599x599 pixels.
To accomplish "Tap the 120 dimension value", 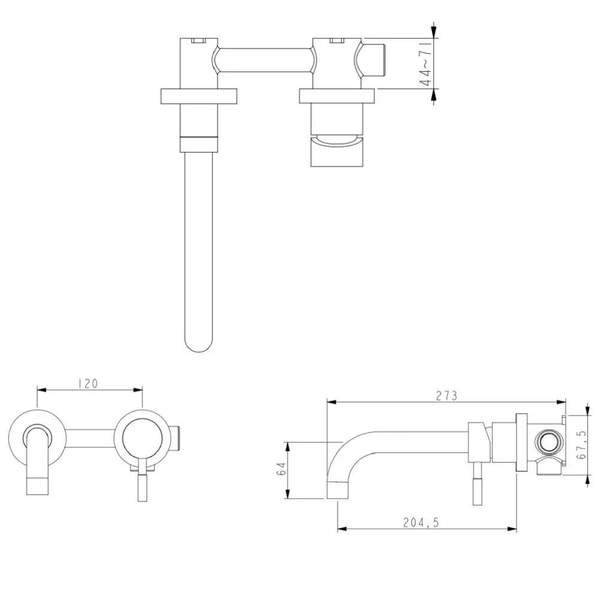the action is tap(88, 383).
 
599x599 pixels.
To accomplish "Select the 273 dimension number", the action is tap(447, 396).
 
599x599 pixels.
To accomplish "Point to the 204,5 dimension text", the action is tap(421, 522).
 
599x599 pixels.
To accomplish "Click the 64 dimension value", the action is tap(281, 469).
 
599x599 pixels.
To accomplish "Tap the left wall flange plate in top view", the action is tap(199, 96).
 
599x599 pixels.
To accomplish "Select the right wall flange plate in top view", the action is tap(337, 96).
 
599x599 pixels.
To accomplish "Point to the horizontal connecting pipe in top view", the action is tap(265, 60).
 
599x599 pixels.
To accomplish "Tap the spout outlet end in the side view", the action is tap(338, 490).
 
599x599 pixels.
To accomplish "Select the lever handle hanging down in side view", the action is tap(477, 483).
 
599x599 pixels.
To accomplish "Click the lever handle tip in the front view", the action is tap(142, 488).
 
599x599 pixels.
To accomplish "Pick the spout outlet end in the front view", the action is tap(37, 486).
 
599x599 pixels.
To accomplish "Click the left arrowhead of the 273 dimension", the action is tap(331, 402).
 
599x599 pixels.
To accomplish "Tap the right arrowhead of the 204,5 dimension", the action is tap(512, 529).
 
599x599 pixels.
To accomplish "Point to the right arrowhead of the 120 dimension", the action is tap(138, 390).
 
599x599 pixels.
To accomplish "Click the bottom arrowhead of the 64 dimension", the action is tap(288, 494).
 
